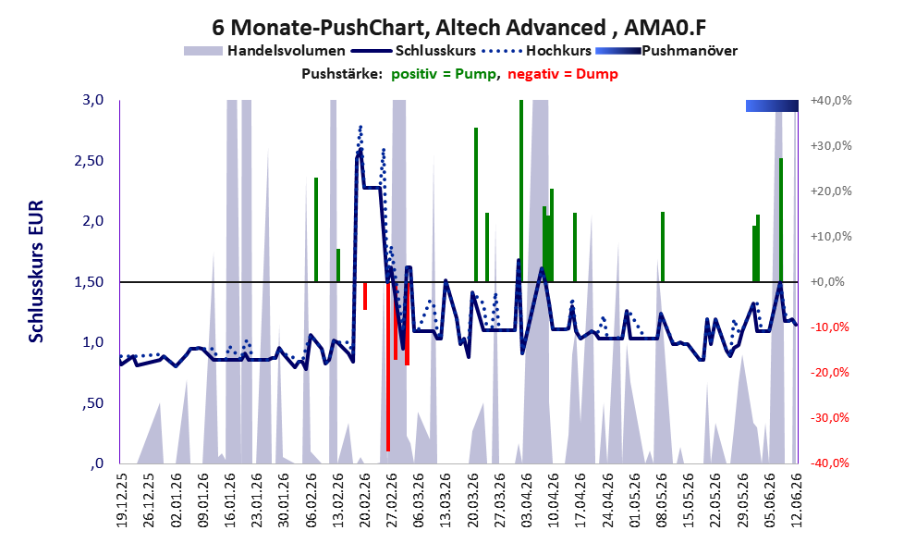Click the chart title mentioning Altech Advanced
pos(459,27)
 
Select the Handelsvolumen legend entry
pos(264,51)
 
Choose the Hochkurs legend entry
pos(537,51)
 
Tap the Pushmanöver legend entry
pos(666,51)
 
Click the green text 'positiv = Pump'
pos(444,74)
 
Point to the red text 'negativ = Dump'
pos(563,74)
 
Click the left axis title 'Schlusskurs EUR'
pos(36,272)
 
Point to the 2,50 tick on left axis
pos(89,161)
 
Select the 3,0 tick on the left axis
pos(92,100)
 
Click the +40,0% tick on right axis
pos(831,101)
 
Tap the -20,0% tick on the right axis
pos(829,372)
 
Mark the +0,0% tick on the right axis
pos(827,282)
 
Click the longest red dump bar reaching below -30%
pos(388,366)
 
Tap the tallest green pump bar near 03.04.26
pos(521,191)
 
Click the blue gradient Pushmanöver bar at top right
pos(772,105)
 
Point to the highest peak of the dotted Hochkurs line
pos(360,126)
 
